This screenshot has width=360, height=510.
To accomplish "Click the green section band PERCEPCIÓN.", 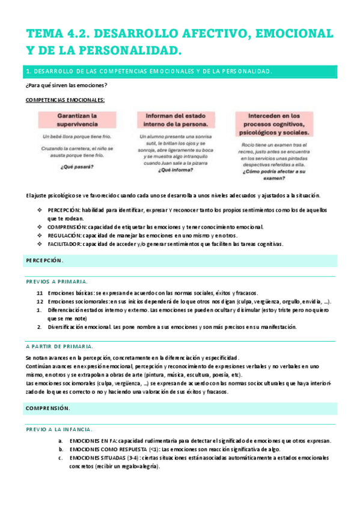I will tap(180, 260).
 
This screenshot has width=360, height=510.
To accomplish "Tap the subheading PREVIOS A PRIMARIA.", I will tap(56, 281).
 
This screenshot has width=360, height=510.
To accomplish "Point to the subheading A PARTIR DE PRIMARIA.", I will tap(59, 346).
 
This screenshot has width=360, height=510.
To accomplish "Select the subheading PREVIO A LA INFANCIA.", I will tap(59, 429).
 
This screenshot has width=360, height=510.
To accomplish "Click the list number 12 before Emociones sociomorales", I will tap(39, 301).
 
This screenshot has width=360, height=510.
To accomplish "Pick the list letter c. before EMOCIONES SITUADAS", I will tap(61, 458).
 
